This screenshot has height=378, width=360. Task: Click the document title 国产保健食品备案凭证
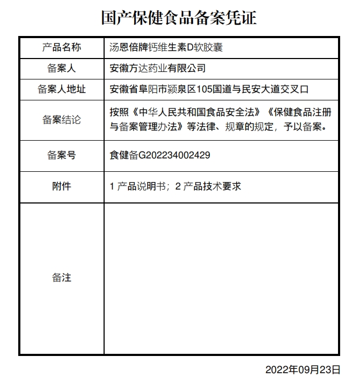click(180, 18)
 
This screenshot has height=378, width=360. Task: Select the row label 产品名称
click(61, 47)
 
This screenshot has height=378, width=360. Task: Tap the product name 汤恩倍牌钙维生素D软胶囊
click(166, 47)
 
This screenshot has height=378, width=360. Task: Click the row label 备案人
click(61, 68)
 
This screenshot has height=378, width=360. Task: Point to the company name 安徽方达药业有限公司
click(157, 68)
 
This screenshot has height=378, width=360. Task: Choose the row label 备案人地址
click(61, 89)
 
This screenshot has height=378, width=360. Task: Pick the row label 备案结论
click(61, 120)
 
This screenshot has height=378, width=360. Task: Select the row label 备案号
click(61, 156)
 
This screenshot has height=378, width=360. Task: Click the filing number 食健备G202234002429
click(159, 156)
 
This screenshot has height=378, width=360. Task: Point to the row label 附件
click(61, 186)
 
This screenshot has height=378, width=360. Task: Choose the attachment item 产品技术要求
click(212, 186)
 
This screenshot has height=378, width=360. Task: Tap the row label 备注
click(61, 278)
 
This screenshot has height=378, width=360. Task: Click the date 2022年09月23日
click(303, 369)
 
